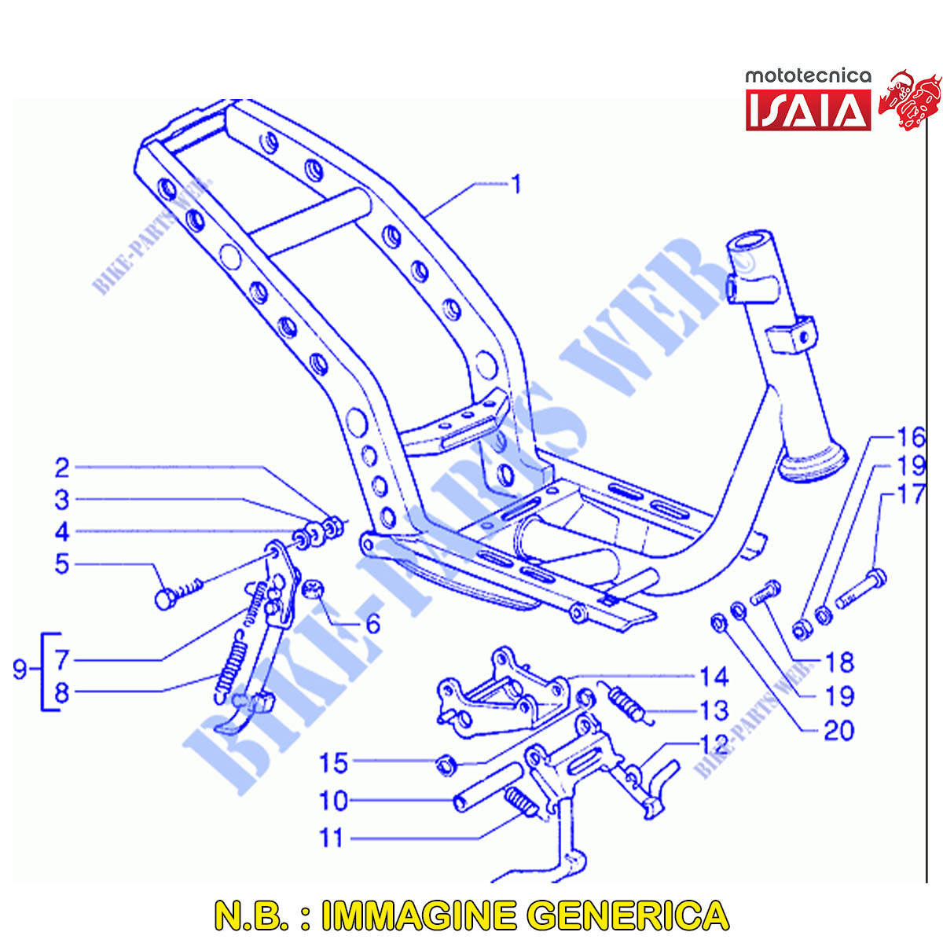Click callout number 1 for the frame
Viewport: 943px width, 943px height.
click(516, 185)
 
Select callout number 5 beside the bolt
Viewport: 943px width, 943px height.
click(62, 564)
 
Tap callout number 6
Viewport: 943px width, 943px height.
click(373, 624)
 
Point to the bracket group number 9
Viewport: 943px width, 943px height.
click(20, 670)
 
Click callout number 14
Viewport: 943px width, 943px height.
click(714, 677)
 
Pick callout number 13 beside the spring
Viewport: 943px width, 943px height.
click(714, 710)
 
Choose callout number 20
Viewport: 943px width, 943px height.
click(838, 731)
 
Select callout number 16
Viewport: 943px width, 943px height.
click(911, 437)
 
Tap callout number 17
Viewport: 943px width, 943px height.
click(911, 494)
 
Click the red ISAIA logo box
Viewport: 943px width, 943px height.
click(808, 109)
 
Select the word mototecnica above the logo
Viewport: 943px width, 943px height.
click(808, 76)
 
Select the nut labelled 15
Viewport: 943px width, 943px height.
click(446, 766)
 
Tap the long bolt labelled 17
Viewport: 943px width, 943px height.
click(860, 589)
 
